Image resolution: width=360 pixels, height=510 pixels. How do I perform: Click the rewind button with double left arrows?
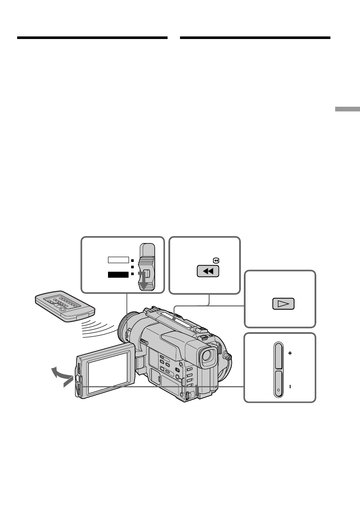(x=207, y=272)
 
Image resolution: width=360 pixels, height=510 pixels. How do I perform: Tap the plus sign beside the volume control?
(x=290, y=354)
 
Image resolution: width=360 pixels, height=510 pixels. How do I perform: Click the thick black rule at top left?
(x=92, y=38)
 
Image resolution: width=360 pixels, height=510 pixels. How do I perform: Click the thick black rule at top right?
(x=255, y=38)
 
